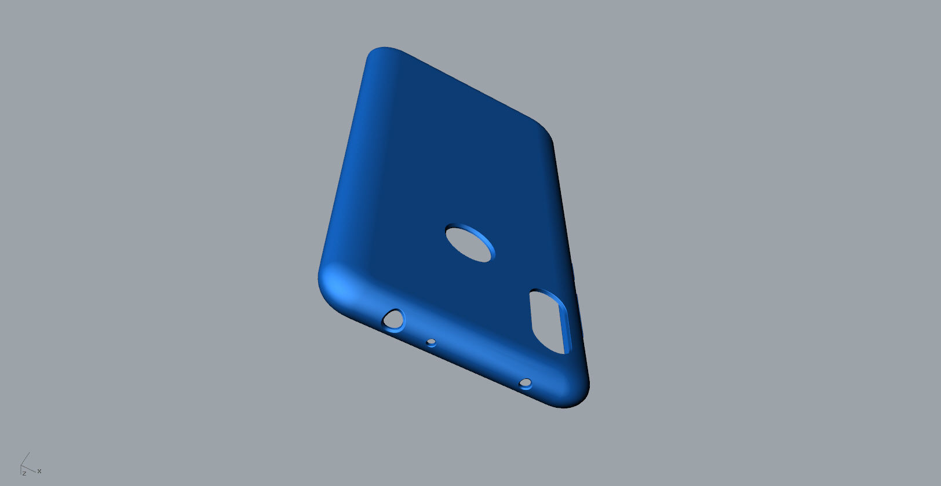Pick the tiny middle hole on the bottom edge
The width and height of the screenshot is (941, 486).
coord(431,342)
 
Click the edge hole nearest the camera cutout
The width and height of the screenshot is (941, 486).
coord(526,383)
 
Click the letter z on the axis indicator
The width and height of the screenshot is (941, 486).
coord(24,473)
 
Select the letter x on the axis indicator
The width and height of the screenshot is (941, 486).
coord(39,471)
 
